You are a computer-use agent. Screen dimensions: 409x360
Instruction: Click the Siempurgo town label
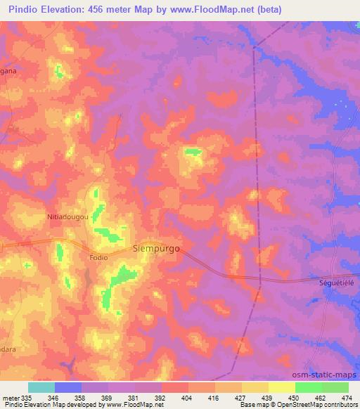(156, 248)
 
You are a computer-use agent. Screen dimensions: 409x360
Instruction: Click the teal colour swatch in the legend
(41, 387)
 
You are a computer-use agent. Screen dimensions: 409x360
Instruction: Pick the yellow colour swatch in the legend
(281, 387)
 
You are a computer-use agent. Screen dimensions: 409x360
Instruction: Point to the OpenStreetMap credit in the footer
(324, 405)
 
